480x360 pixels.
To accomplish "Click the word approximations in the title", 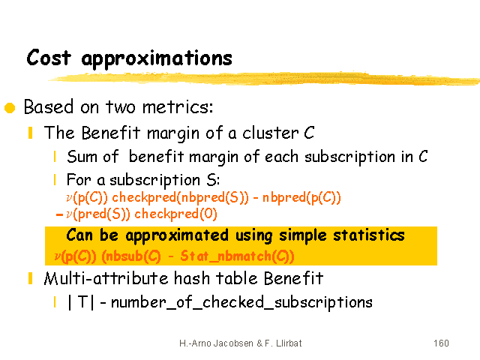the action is click(157, 58).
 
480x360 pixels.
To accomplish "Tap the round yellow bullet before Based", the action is click(10, 108).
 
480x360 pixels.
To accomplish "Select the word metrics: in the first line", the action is click(178, 107).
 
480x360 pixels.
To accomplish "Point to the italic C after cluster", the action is click(309, 133).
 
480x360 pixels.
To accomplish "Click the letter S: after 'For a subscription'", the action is click(213, 180).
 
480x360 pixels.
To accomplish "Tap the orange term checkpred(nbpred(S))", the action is click(180, 198).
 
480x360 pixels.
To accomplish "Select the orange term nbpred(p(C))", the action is click(301, 198).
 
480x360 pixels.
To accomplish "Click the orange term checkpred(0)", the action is click(175, 214).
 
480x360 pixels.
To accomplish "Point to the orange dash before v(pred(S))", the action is click(59, 214).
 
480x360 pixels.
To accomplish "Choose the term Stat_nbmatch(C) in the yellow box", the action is click(237, 256).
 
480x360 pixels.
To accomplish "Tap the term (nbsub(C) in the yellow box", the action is click(131, 256).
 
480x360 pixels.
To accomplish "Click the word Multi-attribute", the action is click(106, 278).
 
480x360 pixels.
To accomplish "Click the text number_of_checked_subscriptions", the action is click(241, 302).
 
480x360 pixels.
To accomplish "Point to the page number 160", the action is click(441, 343).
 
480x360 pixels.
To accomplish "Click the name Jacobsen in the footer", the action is click(233, 343).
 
